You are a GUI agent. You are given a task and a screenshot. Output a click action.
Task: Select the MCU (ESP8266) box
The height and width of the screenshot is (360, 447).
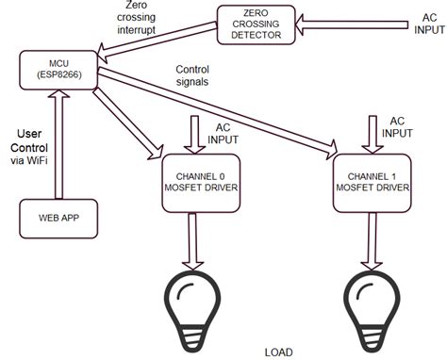click(57, 68)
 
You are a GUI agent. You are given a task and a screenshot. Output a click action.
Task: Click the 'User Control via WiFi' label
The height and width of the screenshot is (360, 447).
click(27, 146)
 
